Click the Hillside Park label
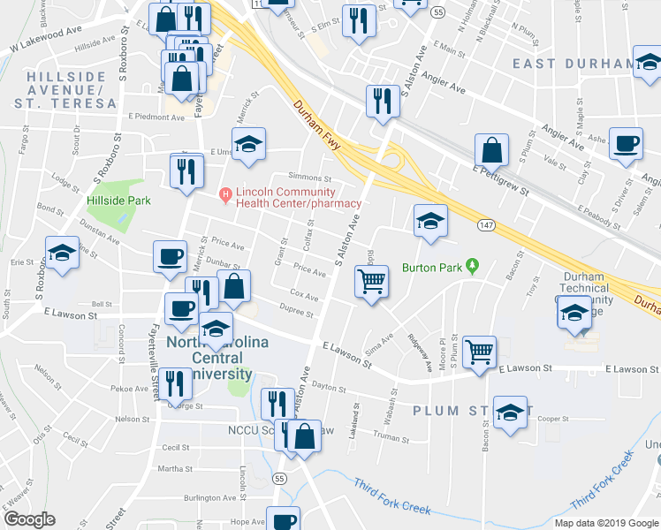pyautogui.click(x=118, y=201)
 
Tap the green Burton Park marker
pyautogui.click(x=473, y=264)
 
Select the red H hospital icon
pyautogui.click(x=225, y=193)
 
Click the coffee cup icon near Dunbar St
pyautogui.click(x=170, y=256)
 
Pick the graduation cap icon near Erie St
pyautogui.click(x=62, y=254)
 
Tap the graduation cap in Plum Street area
pyautogui.click(x=510, y=413)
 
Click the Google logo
pyautogui.click(x=29, y=519)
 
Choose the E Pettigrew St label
pyautogui.click(x=500, y=179)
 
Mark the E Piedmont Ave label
pyautogui.click(x=156, y=117)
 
